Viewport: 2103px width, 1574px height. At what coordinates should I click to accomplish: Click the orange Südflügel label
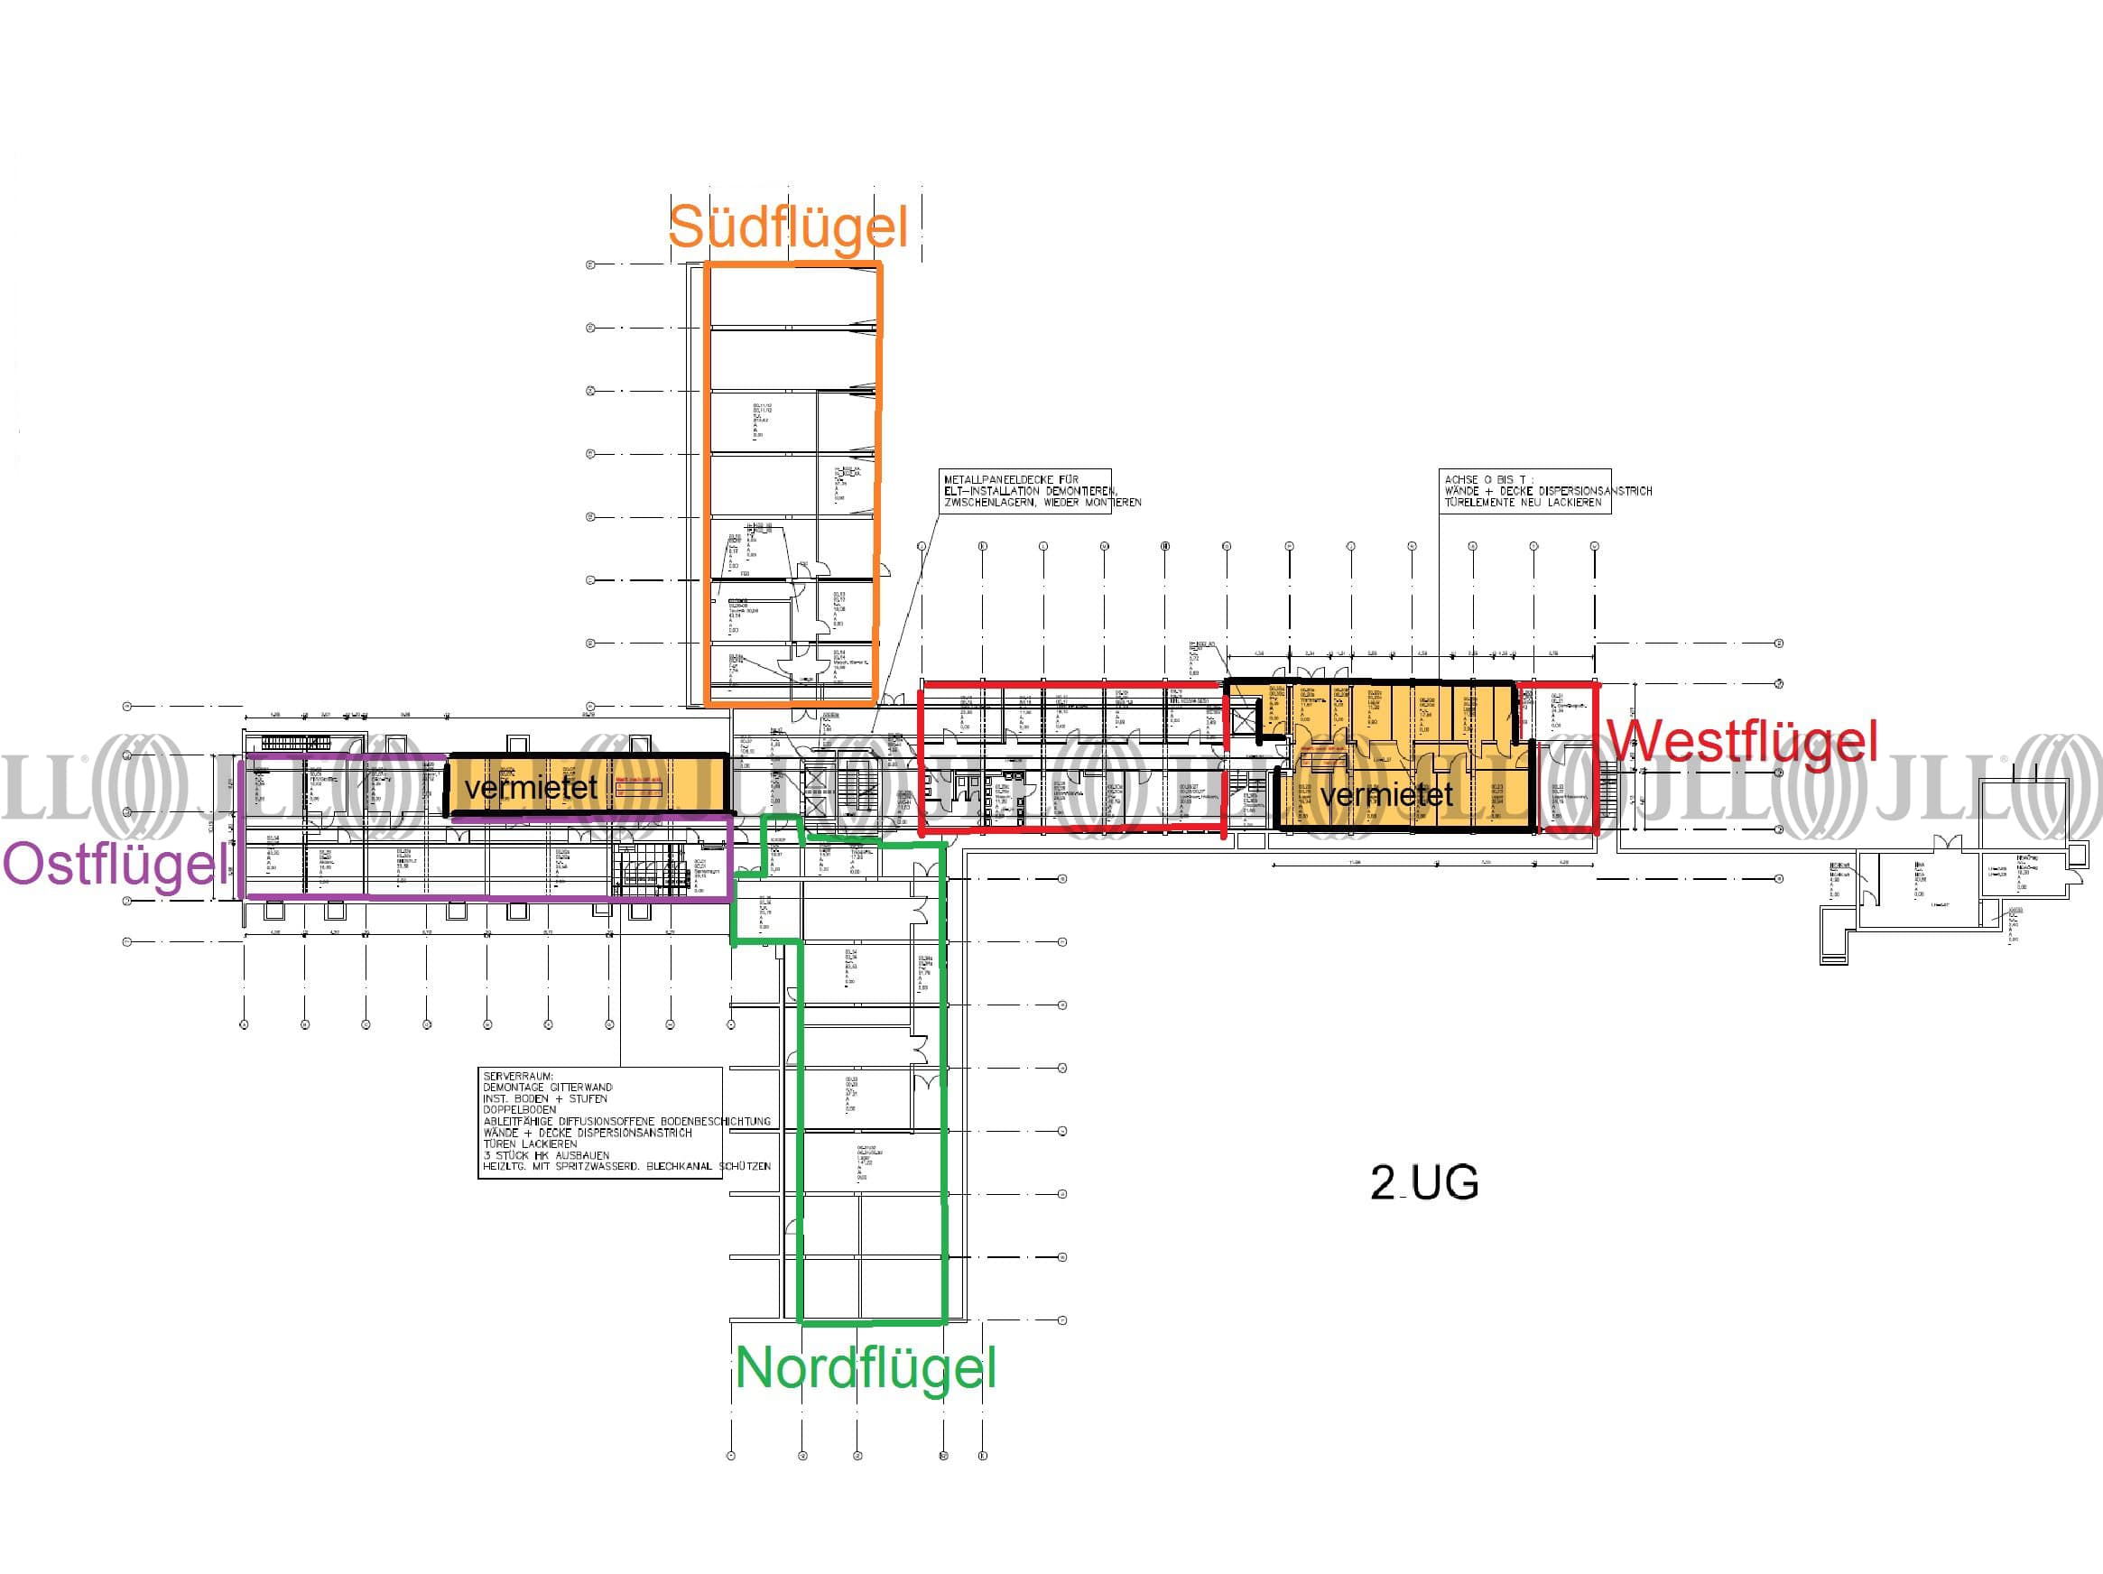788,228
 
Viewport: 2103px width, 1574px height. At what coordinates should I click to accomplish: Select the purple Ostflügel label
116,865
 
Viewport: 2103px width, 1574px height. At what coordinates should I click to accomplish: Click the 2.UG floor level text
1424,1182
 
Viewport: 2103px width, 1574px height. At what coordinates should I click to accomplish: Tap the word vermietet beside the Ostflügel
531,787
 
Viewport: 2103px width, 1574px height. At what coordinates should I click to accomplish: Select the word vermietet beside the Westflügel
1387,794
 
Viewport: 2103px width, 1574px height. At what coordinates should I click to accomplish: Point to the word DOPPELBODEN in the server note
519,1109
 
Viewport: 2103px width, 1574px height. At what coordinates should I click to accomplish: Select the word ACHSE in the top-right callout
1460,480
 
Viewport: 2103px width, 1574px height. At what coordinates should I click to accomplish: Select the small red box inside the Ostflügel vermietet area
639,787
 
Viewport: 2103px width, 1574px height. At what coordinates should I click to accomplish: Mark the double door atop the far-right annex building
1946,843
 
